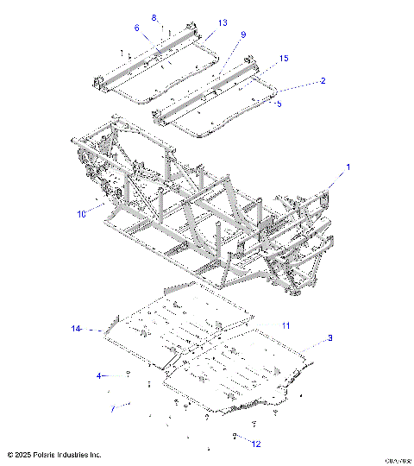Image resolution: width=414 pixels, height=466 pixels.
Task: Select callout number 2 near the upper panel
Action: point(323,80)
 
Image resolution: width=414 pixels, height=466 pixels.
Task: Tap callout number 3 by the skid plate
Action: point(329,339)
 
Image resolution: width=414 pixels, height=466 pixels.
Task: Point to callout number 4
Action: point(99,375)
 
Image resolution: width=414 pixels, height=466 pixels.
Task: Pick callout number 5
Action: point(279,103)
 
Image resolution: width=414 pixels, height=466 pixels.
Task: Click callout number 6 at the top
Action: point(136,28)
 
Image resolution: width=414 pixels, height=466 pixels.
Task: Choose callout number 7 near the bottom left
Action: point(111,408)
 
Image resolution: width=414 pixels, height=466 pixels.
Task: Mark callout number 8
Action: point(154,17)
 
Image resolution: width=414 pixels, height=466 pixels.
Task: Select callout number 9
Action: point(243,35)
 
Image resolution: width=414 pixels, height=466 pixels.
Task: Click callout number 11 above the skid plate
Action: point(285,324)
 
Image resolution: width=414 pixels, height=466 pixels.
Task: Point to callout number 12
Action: point(254,444)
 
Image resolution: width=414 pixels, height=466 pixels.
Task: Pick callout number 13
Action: point(223,22)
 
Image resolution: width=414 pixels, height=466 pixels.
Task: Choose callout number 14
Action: point(76,329)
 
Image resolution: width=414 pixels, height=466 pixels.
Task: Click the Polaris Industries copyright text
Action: point(53,454)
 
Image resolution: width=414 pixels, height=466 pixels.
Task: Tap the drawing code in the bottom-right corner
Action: point(397,460)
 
